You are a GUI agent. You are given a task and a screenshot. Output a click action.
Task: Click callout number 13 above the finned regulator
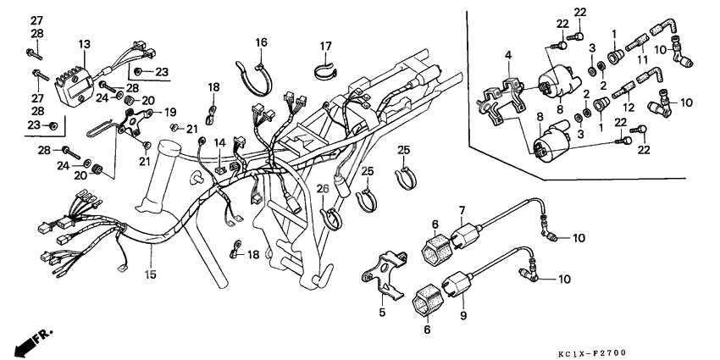[84, 44]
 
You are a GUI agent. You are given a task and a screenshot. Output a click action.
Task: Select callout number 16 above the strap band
[261, 42]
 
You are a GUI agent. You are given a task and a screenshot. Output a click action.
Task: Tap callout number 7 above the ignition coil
[462, 209]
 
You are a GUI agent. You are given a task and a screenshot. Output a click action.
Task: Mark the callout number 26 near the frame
[322, 189]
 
